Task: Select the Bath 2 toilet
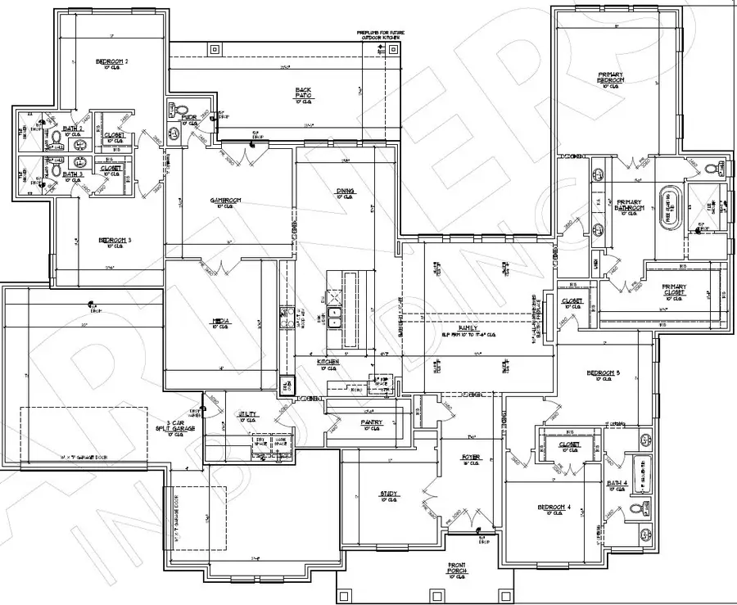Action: (54, 138)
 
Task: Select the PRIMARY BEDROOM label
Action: (610, 78)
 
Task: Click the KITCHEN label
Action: (328, 361)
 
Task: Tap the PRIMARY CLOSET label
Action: (673, 289)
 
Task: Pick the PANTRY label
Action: (371, 422)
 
